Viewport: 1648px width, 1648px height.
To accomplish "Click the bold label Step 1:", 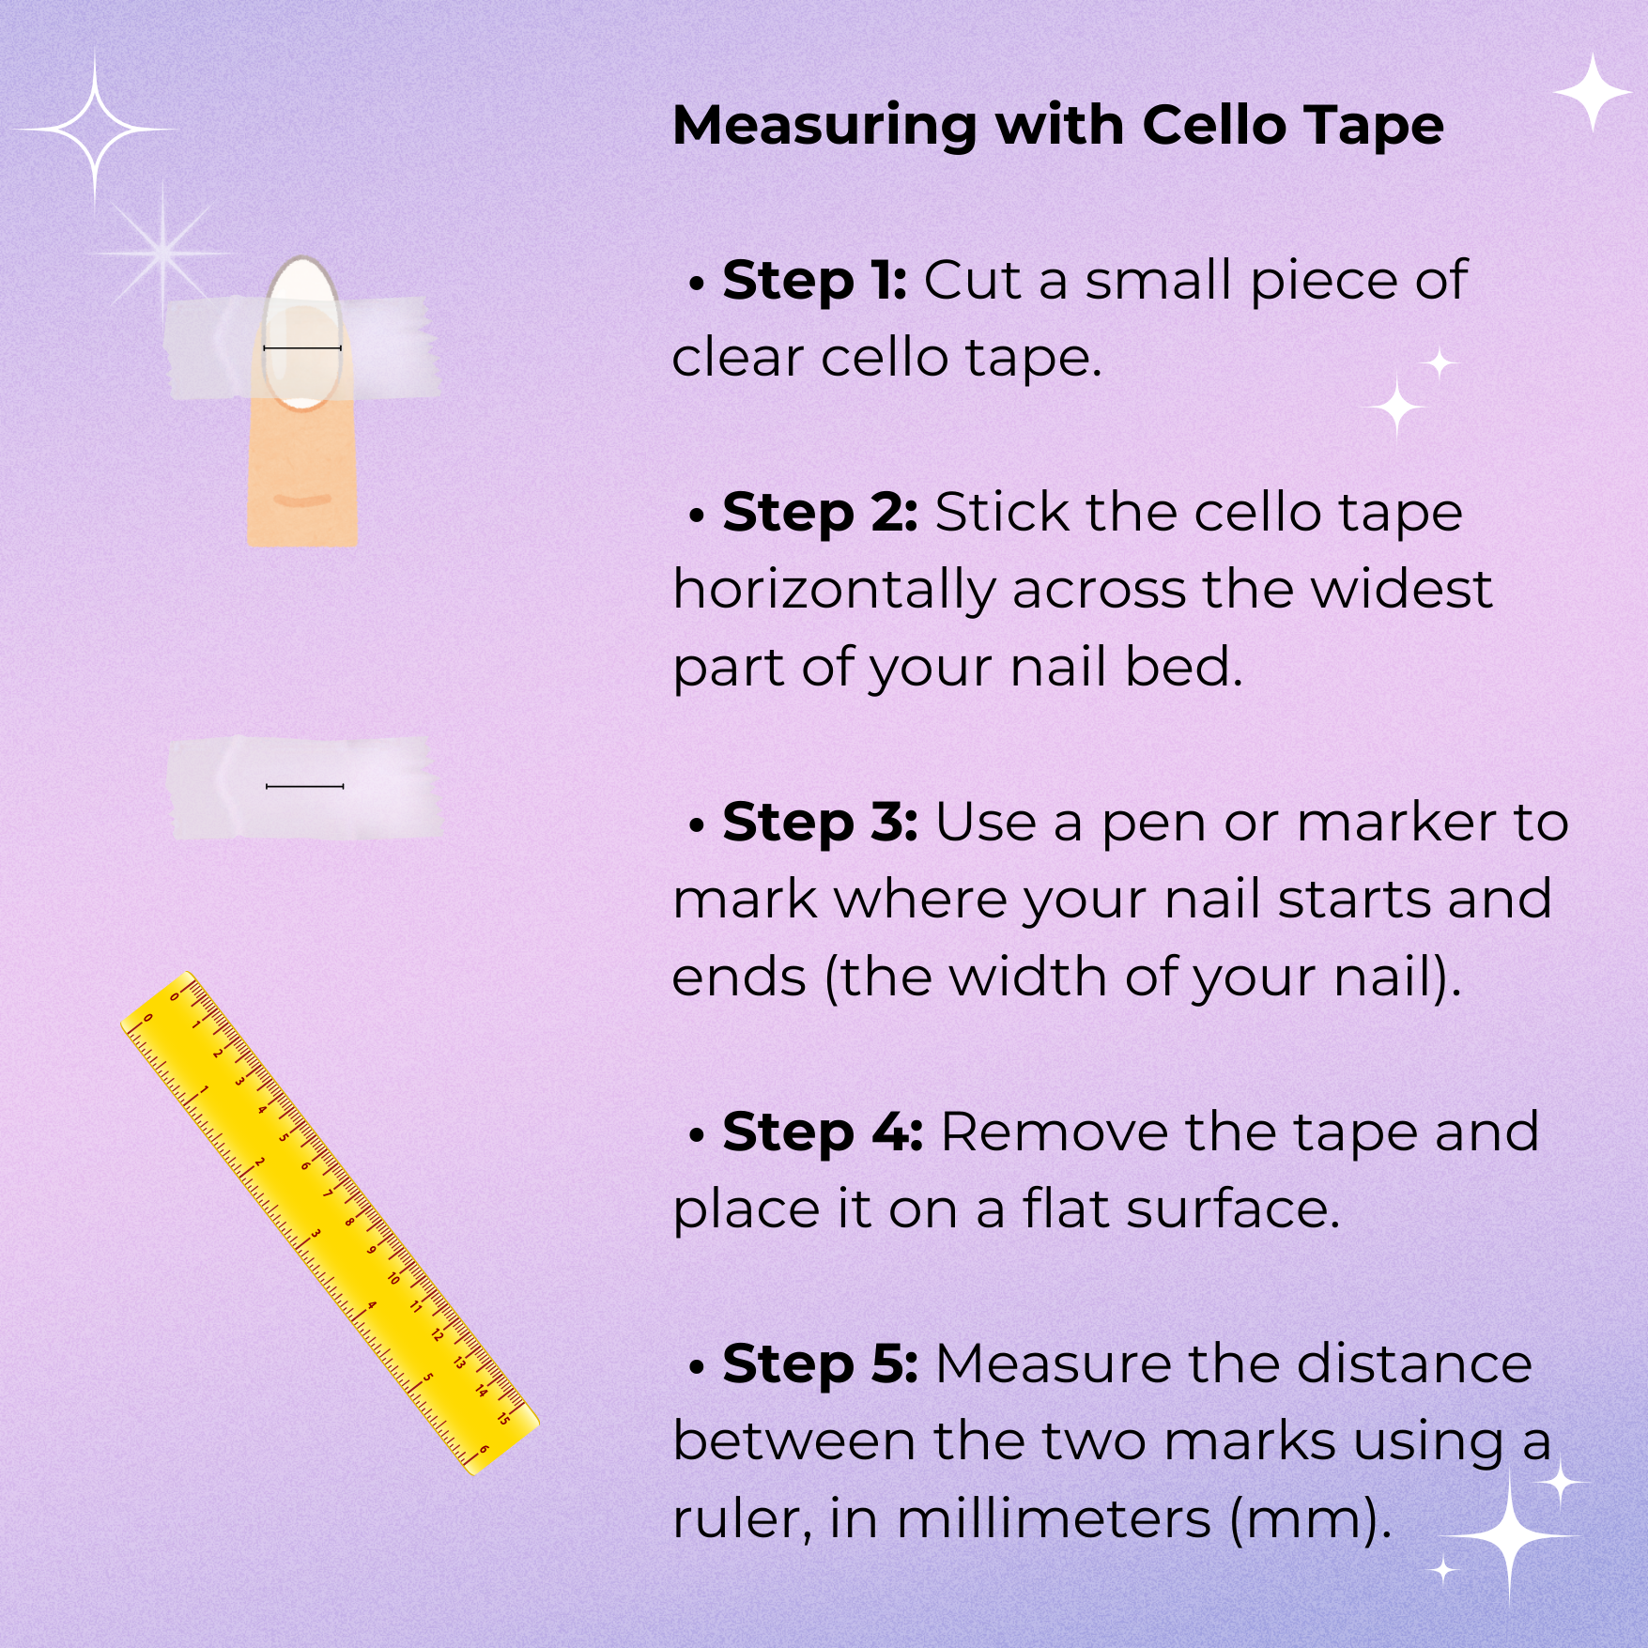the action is coord(814,281).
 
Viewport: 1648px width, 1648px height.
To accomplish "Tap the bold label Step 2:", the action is coord(820,513).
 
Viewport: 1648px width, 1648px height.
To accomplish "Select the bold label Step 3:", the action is coord(820,823).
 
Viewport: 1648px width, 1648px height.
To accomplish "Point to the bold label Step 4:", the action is coord(823,1132).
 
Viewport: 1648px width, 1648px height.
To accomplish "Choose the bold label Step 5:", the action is coord(820,1364).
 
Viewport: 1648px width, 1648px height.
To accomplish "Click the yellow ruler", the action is coord(331,1223).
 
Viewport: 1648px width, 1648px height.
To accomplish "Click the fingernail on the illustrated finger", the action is coord(301,334).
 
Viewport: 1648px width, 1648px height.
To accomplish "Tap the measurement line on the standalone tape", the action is coord(305,785).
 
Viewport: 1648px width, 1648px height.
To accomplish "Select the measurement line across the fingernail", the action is coord(302,348).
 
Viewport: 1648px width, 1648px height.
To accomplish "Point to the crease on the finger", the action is coord(302,501).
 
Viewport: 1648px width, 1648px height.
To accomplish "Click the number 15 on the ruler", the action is coord(503,1418).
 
